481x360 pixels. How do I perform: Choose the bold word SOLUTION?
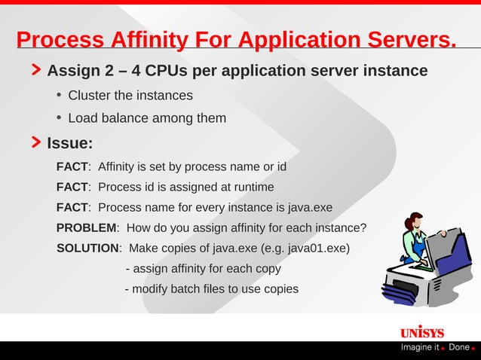tap(88, 248)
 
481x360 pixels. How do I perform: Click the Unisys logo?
tap(421, 333)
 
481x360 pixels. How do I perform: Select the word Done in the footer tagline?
tap(458, 347)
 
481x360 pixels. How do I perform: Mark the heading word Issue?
tap(70, 142)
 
